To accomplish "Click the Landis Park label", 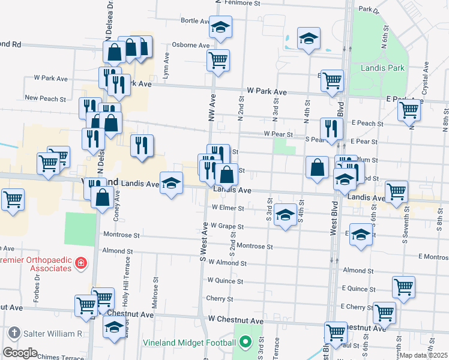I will (x=382, y=68).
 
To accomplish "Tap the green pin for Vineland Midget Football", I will (x=245, y=344).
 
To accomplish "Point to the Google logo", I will (x=20, y=353).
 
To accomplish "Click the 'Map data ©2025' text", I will (x=423, y=355).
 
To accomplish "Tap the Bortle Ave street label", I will (x=194, y=20).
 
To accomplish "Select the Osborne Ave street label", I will (x=191, y=45).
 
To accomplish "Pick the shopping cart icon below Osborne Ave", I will (x=218, y=59).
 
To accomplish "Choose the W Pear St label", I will (x=279, y=134).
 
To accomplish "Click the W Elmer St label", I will (x=228, y=209).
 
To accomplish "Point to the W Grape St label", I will (x=227, y=227).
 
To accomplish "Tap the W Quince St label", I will (x=225, y=280).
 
